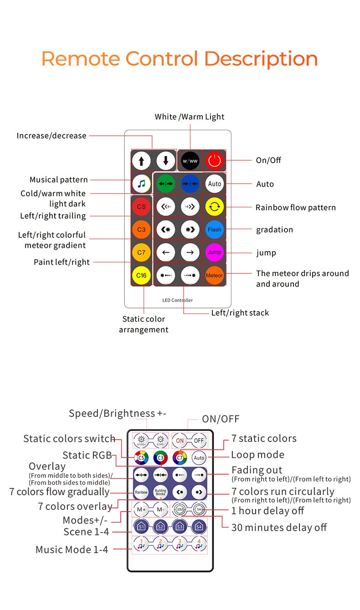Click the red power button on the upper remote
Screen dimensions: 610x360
(214, 160)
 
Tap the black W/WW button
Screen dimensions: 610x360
(190, 160)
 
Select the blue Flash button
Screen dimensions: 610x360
(214, 229)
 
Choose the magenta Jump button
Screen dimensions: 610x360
(214, 252)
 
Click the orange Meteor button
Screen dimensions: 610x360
(214, 275)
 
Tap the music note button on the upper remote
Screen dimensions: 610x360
(141, 184)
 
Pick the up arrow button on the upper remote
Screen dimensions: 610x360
(141, 160)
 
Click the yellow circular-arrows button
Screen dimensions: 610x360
(214, 206)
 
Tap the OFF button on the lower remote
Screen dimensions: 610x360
(199, 441)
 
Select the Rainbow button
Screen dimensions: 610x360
(141, 492)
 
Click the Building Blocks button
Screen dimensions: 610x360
(160, 492)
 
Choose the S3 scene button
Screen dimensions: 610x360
(180, 527)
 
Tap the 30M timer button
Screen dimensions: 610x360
(180, 509)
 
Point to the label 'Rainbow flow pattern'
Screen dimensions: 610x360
(295, 207)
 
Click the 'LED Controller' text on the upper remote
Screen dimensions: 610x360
(177, 300)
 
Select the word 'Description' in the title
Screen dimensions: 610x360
(261, 59)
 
